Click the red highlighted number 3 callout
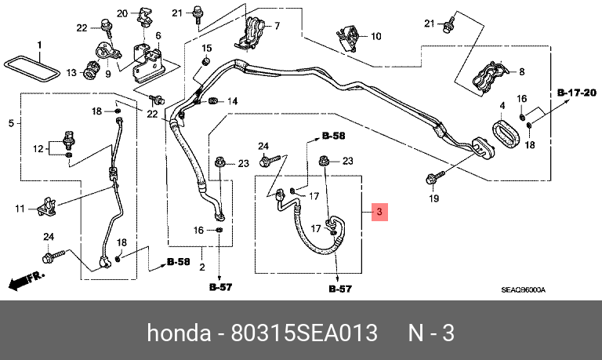pyautogui.click(x=379, y=212)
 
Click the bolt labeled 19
pyautogui.click(x=434, y=178)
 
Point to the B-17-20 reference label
pyautogui.click(x=577, y=93)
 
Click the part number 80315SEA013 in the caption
pyautogui.click(x=303, y=333)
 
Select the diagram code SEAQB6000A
pyautogui.click(x=523, y=289)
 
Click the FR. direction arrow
pyautogui.click(x=26, y=281)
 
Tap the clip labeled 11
pyautogui.click(x=46, y=207)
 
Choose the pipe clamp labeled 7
pyautogui.click(x=249, y=34)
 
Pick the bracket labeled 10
pyautogui.click(x=349, y=38)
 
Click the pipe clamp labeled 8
pyautogui.click(x=489, y=76)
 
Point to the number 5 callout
pyautogui.click(x=11, y=123)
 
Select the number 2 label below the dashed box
pyautogui.click(x=202, y=267)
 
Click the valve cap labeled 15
pyautogui.click(x=206, y=61)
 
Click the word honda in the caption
pyautogui.click(x=179, y=333)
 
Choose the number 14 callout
pyautogui.click(x=232, y=101)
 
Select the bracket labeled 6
pyautogui.click(x=148, y=64)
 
